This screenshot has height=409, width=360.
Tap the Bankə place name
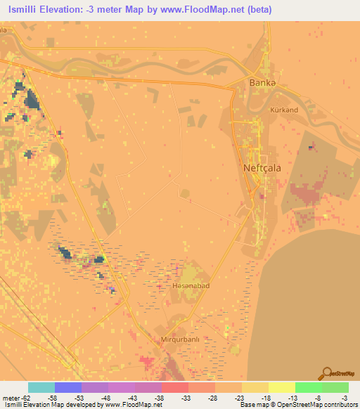(261, 82)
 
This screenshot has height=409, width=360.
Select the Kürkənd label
(284, 110)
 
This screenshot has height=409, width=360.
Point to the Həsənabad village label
(191, 287)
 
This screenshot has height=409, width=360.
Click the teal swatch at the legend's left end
(41, 387)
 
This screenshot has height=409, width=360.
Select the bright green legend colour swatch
(308, 387)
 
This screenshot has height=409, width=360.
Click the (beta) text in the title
(258, 10)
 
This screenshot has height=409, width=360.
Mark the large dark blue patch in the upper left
(32, 101)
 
